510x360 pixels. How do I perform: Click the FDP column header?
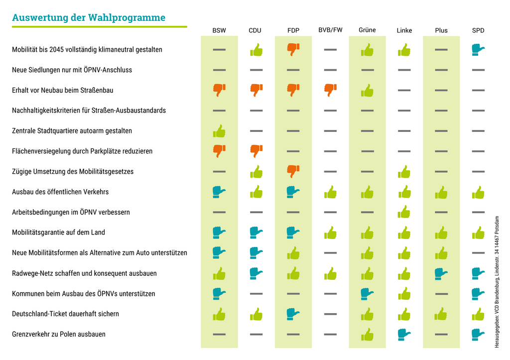(x=293, y=30)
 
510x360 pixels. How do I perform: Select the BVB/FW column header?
(x=330, y=30)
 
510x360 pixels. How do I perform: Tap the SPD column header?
(x=478, y=30)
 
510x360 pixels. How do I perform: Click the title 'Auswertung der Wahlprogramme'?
(x=89, y=18)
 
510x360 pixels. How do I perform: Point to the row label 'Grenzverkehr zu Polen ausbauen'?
(x=59, y=334)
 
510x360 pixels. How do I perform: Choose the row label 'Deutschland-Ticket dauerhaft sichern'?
(x=65, y=314)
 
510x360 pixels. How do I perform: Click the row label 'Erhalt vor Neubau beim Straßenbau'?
(x=62, y=90)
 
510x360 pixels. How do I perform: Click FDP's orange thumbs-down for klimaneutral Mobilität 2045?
(x=293, y=49)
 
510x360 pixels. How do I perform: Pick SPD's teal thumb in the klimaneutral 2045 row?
(x=478, y=49)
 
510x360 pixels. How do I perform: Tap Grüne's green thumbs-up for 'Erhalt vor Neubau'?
(x=367, y=90)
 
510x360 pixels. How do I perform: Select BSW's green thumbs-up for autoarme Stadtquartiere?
(x=219, y=131)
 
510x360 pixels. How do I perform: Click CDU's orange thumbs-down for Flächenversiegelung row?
(x=256, y=150)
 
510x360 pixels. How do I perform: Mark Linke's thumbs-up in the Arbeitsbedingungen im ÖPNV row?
(x=404, y=212)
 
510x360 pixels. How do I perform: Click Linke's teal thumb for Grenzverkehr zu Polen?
(x=404, y=334)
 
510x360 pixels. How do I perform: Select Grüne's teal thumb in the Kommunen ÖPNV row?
(x=367, y=293)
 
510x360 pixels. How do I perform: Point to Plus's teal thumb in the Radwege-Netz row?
(x=441, y=273)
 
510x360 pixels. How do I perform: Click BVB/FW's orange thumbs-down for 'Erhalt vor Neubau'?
(x=330, y=90)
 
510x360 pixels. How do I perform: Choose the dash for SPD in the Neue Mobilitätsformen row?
(x=478, y=253)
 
